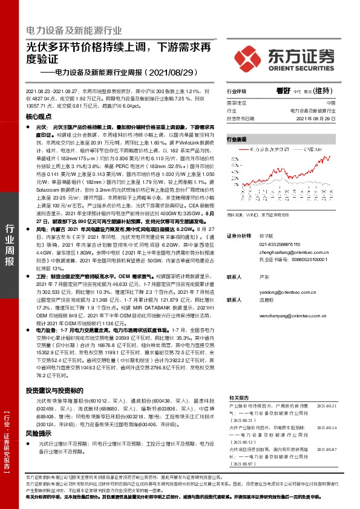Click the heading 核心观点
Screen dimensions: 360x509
pos(39,115)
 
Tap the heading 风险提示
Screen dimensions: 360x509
pos(39,433)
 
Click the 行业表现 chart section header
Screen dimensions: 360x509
pos(237,139)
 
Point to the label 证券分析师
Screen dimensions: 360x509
pos(238,235)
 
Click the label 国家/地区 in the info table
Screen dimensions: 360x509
pos(238,104)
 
